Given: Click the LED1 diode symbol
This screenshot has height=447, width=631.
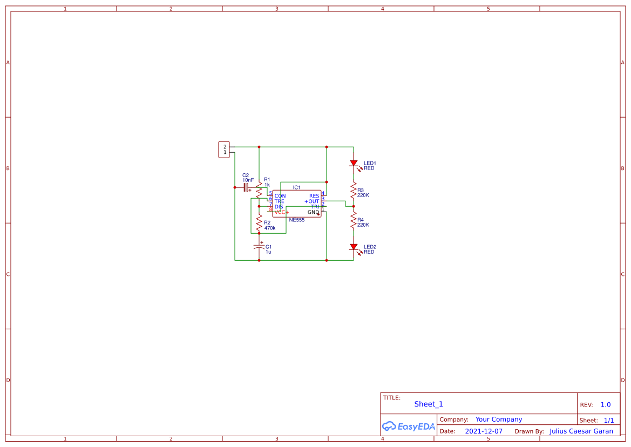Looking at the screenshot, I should point(354,163).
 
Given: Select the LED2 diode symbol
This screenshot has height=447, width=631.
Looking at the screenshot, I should point(354,247).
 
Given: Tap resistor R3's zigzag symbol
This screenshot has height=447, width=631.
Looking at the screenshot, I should point(354,191).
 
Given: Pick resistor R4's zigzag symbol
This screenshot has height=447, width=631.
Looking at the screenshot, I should point(354,220).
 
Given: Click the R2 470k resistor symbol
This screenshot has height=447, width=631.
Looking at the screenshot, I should point(259,221).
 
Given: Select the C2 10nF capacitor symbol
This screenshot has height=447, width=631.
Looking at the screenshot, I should point(246,187).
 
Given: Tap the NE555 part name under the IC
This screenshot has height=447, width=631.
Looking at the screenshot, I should point(296,220).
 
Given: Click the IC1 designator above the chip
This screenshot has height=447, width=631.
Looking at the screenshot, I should point(296,187).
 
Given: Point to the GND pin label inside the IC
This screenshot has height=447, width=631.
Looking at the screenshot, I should point(313,212).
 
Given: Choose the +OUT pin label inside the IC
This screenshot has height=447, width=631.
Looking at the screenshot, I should point(311,201).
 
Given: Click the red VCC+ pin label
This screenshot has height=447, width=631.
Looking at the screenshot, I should point(281,212).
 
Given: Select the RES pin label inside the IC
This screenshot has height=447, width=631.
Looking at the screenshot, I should point(314,195).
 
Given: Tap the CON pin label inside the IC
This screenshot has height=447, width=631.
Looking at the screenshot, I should point(280,195).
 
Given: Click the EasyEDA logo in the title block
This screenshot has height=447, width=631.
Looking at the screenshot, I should point(408,426).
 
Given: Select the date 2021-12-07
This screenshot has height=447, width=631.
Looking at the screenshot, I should point(484,431).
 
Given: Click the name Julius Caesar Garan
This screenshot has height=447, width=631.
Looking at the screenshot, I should point(581,431).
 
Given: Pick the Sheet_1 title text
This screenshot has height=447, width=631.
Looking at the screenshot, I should point(429,404).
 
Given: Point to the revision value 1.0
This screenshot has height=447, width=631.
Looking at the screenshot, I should point(605,405).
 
